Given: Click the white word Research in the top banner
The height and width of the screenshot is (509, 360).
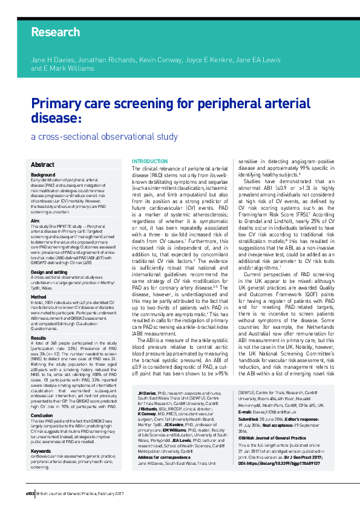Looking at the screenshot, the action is coord(47,32).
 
